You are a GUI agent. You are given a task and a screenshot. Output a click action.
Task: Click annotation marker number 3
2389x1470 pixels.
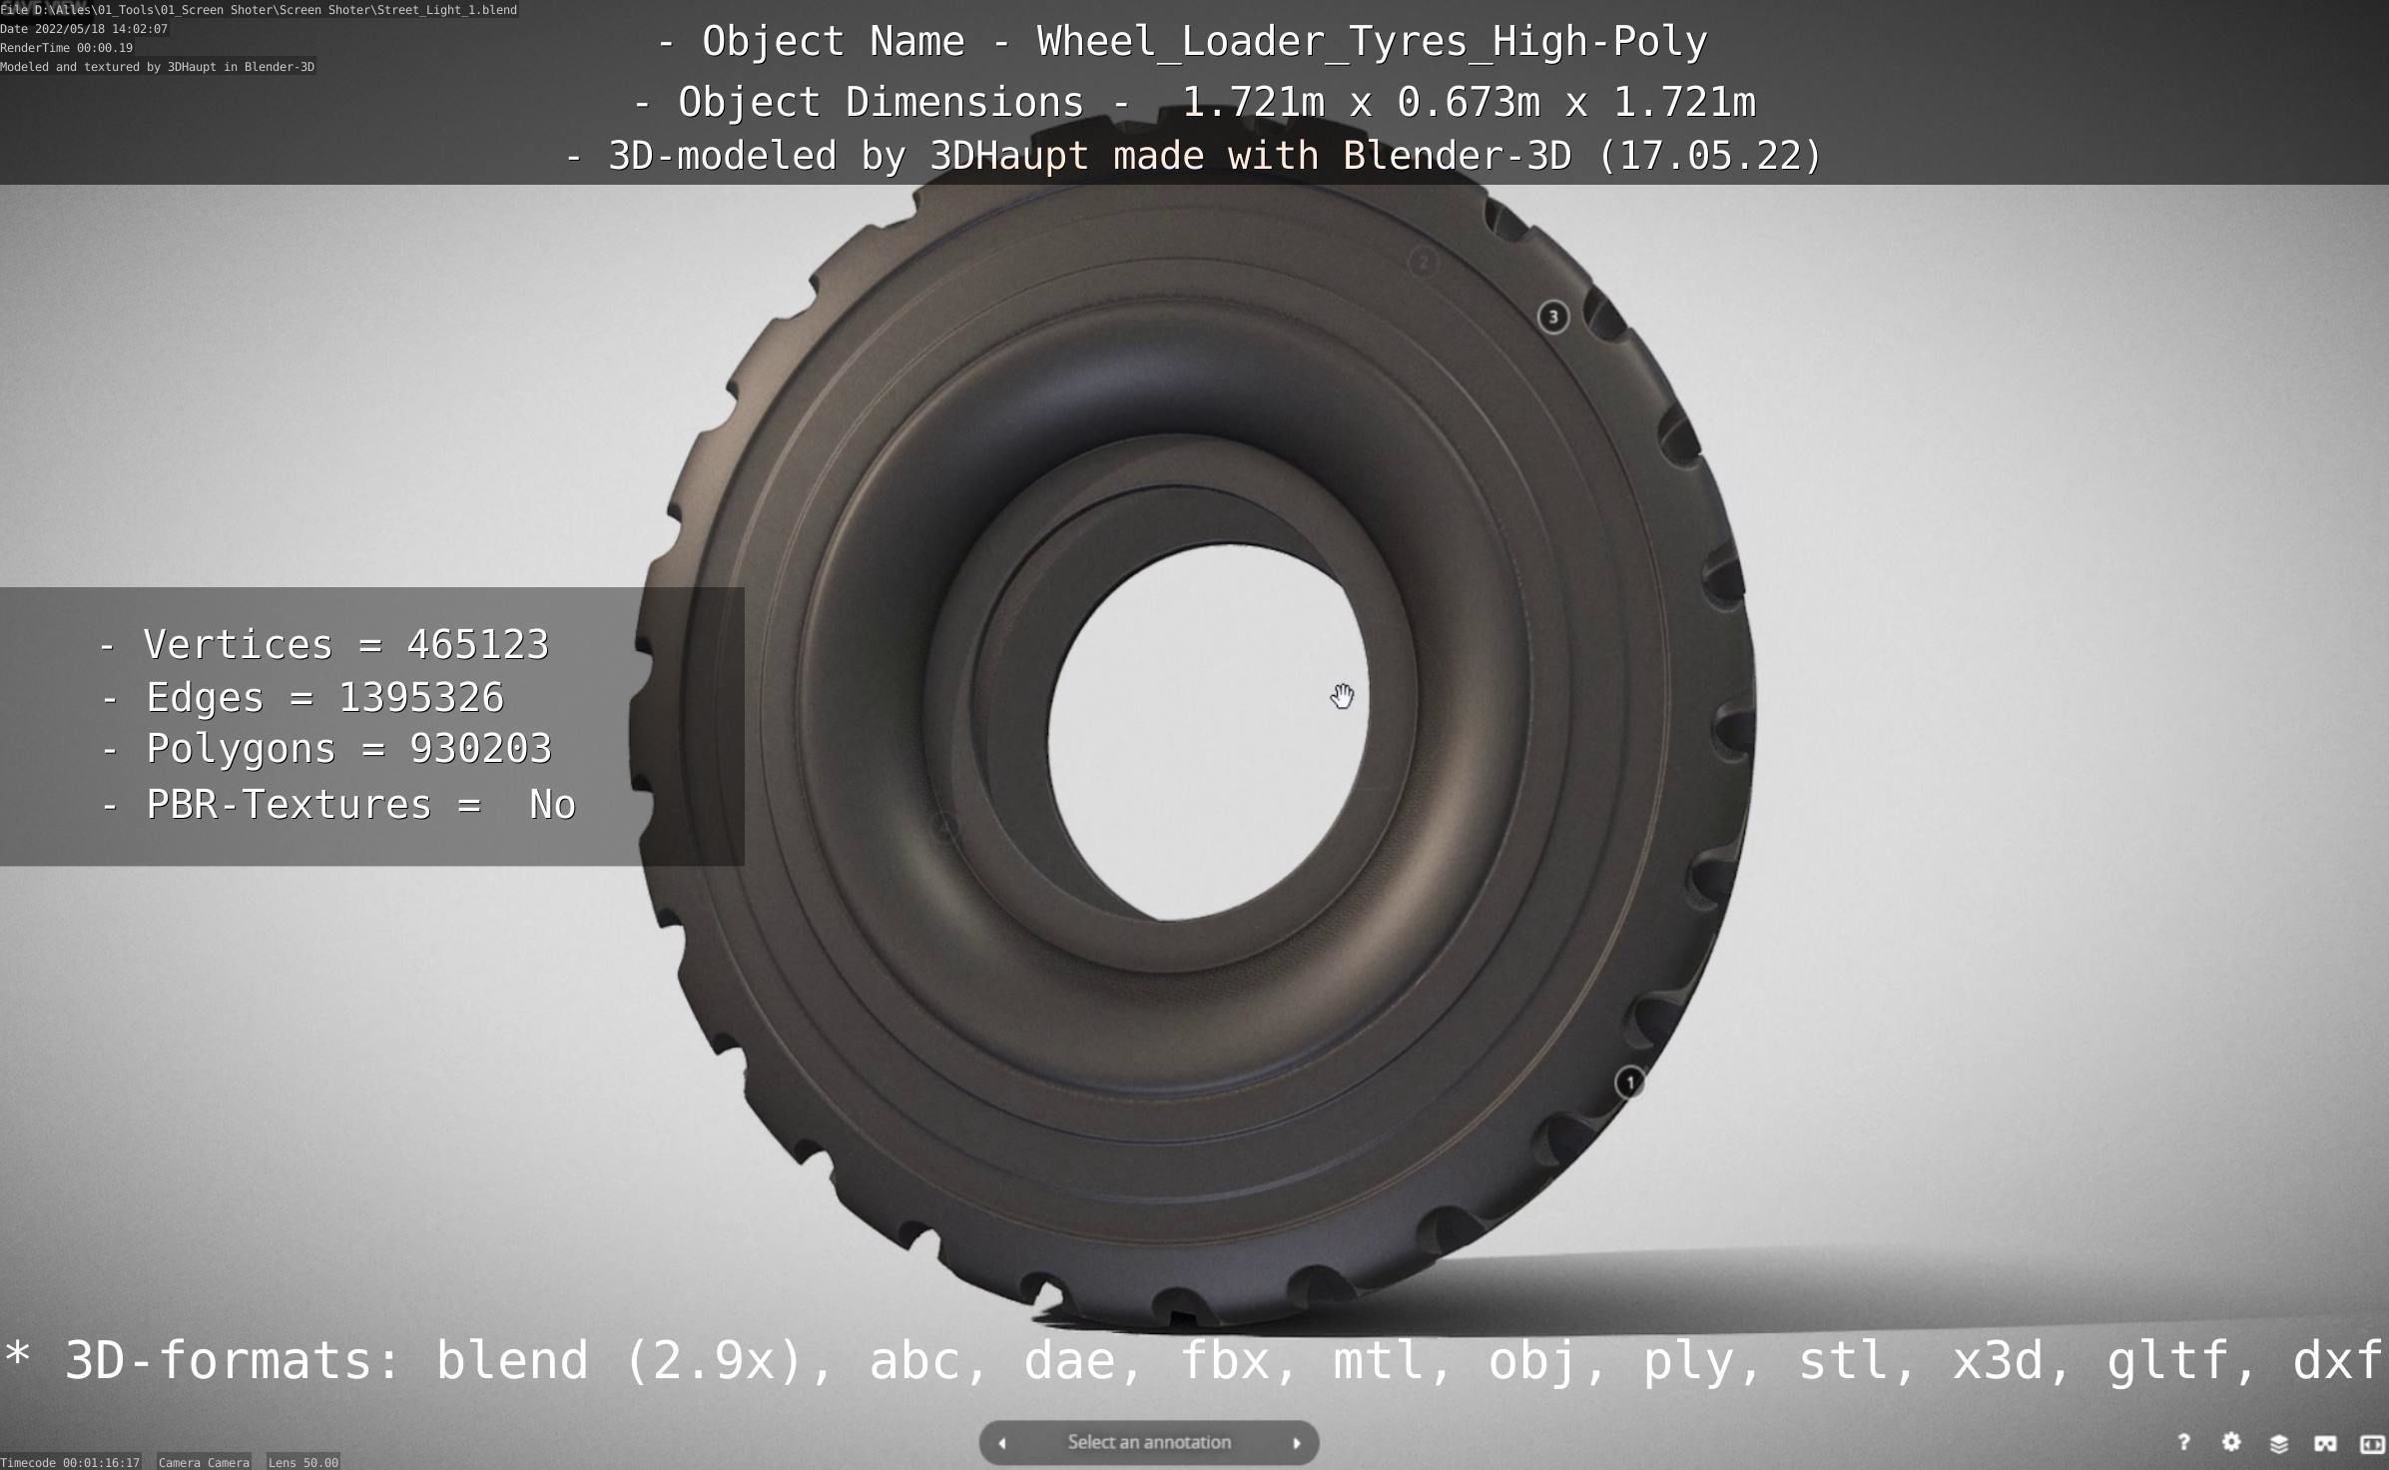pos(1552,318)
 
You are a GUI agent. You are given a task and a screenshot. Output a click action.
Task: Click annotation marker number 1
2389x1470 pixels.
pos(1630,1083)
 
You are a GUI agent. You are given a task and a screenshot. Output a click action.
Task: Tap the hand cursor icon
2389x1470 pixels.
pos(1343,696)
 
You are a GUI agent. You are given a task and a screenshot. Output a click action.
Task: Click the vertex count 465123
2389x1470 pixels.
pos(477,644)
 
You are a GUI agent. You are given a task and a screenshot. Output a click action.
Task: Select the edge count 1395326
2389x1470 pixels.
pos(421,697)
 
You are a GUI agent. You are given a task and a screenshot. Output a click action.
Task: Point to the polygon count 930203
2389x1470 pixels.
pos(480,749)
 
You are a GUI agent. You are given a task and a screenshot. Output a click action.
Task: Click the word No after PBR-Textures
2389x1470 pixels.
pos(552,805)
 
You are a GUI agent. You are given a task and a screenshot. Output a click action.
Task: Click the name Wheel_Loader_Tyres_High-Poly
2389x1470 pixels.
pos(1372,42)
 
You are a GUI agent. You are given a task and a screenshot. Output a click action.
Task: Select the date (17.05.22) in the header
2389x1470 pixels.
pos(1710,156)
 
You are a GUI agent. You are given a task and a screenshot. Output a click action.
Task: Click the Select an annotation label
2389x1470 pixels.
pos(1148,1442)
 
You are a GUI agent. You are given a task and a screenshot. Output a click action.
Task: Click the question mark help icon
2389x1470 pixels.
pos(2183,1442)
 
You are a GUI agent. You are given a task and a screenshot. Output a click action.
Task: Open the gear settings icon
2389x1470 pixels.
pos(2231,1442)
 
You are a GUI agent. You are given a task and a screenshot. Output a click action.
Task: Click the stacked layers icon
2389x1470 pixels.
pos(2278,1443)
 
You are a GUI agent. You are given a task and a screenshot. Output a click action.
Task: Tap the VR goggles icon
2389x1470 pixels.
pos(2325,1443)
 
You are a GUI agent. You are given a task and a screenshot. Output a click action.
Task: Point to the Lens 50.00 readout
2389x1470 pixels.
pos(303,1462)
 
